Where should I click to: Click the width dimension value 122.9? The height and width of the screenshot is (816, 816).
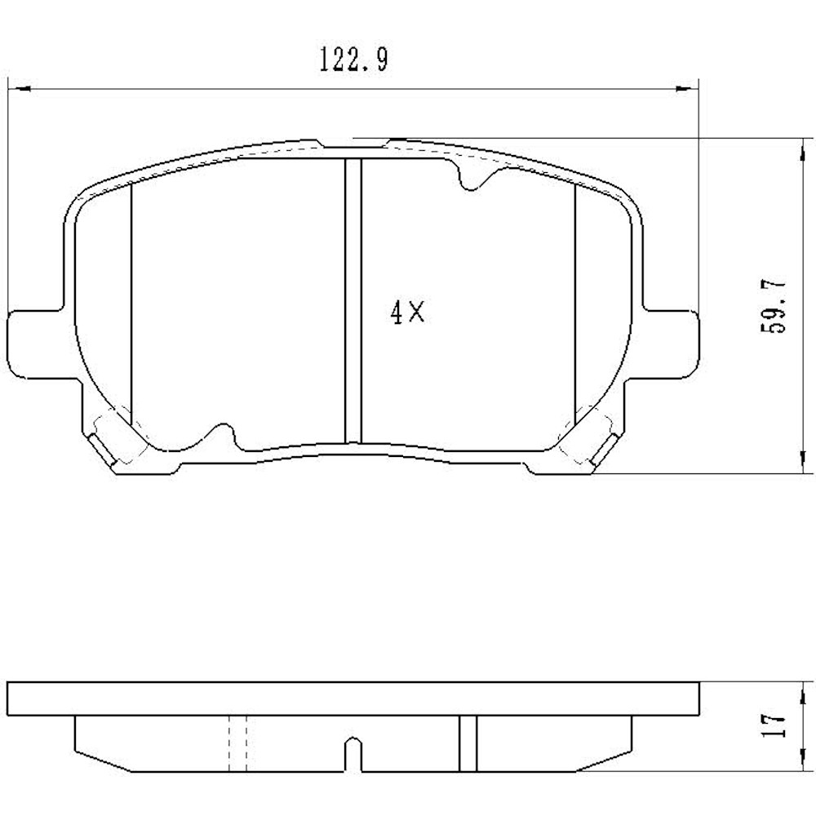coord(353,60)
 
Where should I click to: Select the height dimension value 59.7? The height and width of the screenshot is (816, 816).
coord(774,305)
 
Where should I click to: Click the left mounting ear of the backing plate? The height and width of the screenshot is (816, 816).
coord(33,343)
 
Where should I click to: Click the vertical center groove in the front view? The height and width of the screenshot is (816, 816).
coord(353,302)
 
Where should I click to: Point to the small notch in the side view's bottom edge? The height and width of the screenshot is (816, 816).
coord(352,755)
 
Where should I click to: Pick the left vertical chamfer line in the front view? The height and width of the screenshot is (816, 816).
coord(131,302)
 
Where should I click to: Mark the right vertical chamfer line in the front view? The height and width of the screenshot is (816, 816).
coord(575,302)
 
